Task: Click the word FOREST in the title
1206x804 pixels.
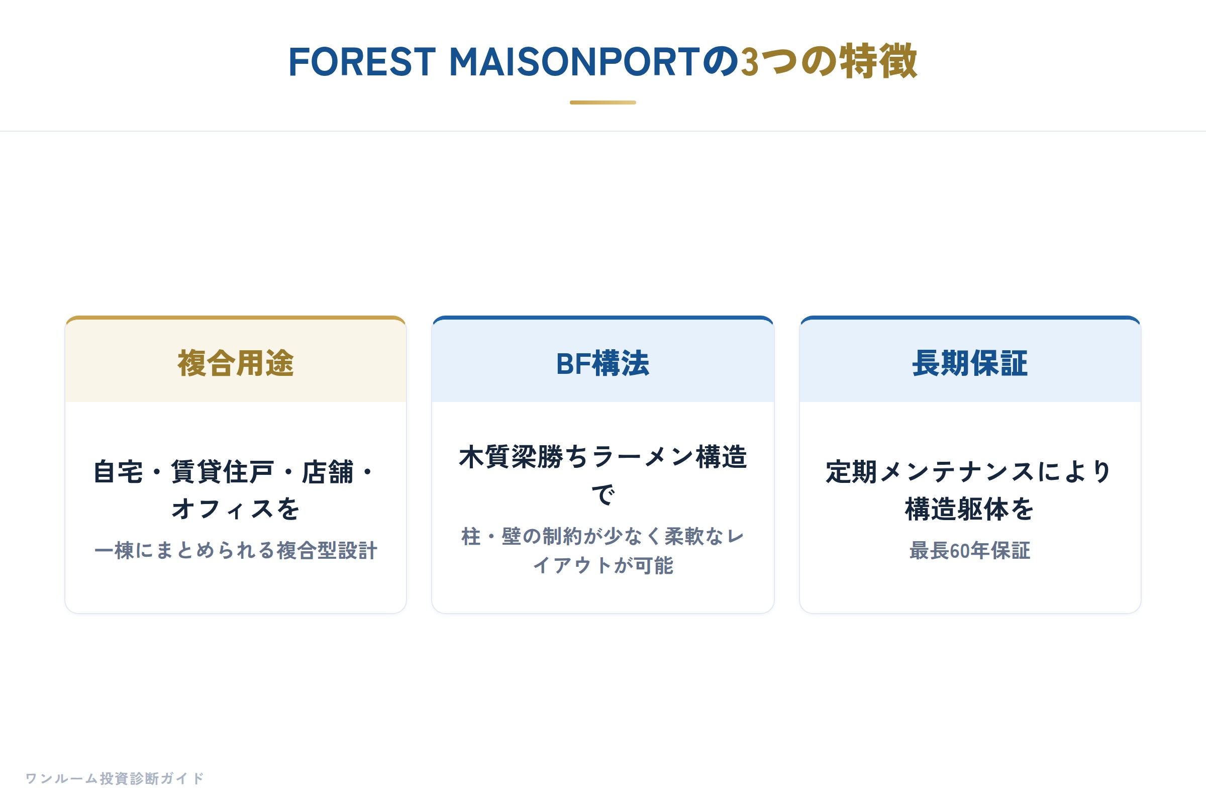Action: (x=362, y=62)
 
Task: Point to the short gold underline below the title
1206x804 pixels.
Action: (x=603, y=103)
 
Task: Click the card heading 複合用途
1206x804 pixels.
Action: (x=236, y=363)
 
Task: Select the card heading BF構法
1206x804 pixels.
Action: (x=603, y=363)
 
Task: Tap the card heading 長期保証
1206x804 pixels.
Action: (x=970, y=363)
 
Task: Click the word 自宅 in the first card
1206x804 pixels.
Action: (x=119, y=472)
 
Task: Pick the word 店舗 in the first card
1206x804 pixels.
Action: (x=328, y=472)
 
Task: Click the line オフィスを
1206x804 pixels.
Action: (x=236, y=509)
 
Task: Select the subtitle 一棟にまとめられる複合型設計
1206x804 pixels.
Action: (x=236, y=551)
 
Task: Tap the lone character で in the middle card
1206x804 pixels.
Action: (x=603, y=494)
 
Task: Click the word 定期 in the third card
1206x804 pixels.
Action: (x=851, y=472)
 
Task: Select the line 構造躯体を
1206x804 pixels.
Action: (x=970, y=509)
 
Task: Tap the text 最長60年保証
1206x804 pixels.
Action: (x=970, y=551)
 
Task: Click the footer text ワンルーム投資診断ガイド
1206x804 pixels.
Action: (x=115, y=778)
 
